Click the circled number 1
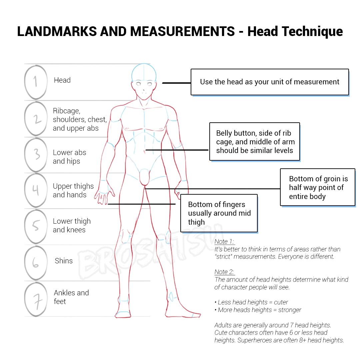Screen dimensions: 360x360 (x=36, y=82)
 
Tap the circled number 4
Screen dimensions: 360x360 (x=36, y=190)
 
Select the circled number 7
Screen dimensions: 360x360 (x=36, y=299)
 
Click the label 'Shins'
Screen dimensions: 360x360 (x=64, y=261)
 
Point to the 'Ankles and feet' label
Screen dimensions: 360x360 (x=71, y=297)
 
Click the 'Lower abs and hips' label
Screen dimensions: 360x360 (x=69, y=157)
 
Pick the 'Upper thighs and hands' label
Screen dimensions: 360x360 (x=73, y=190)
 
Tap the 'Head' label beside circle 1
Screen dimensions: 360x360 (x=62, y=80)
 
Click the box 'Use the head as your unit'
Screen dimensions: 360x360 (x=270, y=82)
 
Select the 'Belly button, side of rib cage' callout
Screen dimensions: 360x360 (x=255, y=142)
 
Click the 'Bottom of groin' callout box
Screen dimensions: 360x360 (x=318, y=187)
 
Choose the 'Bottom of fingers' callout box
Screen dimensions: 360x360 (x=219, y=213)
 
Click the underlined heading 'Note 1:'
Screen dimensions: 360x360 (x=224, y=242)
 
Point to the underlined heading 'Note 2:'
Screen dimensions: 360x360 (x=224, y=272)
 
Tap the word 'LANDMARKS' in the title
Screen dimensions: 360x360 (x=57, y=31)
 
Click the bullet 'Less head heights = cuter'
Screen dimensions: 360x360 (x=251, y=302)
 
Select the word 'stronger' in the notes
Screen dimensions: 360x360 (x=290, y=310)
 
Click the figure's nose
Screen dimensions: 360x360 (x=144, y=90)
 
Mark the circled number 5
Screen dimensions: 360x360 (x=36, y=226)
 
